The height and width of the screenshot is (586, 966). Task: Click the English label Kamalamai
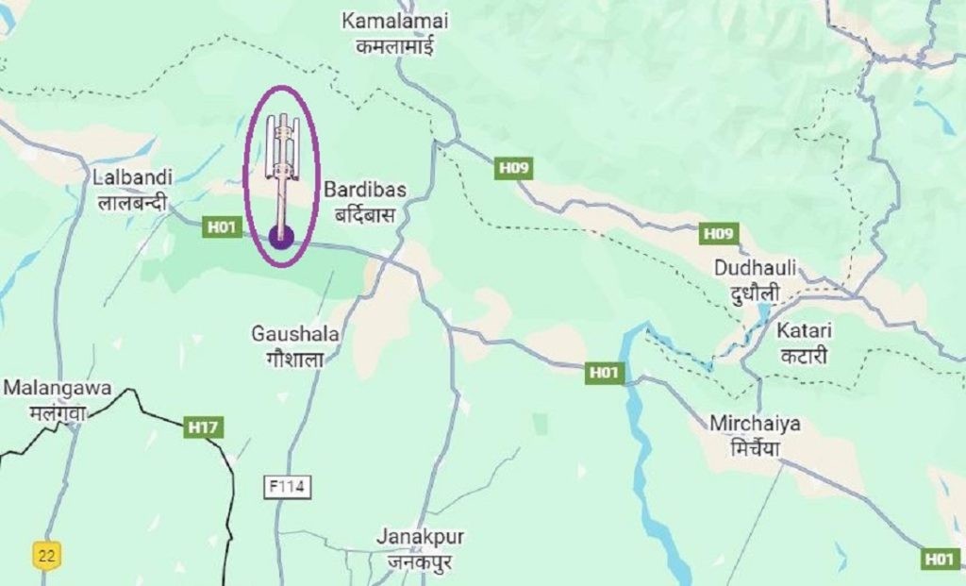click(395, 21)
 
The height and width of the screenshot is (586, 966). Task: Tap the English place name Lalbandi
click(132, 176)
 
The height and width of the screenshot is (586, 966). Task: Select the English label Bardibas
click(365, 190)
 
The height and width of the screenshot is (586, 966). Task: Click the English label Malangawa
click(58, 388)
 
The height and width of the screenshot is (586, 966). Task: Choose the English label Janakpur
click(420, 536)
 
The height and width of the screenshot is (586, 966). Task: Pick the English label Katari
click(801, 331)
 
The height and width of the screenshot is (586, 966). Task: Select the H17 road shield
click(203, 427)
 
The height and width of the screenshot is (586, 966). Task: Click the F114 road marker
click(287, 487)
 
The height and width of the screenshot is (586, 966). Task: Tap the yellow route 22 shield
click(45, 555)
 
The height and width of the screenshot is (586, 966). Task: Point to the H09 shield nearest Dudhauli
click(719, 233)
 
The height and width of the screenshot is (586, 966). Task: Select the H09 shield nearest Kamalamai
click(515, 168)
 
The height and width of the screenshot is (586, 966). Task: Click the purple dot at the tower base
click(280, 237)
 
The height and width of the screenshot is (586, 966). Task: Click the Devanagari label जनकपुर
click(420, 560)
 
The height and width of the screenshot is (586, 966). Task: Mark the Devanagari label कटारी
click(801, 357)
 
